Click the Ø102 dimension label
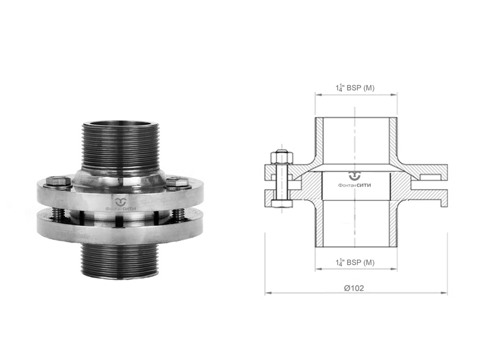pyautogui.click(x=354, y=288)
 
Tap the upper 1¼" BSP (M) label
pyautogui.click(x=355, y=88)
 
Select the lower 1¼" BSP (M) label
pyautogui.click(x=355, y=262)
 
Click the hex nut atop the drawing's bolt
pyautogui.click(x=281, y=157)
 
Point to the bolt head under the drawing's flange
pyautogui.click(x=281, y=204)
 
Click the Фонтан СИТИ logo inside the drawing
pyautogui.click(x=355, y=179)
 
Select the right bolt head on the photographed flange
pyautogui.click(x=176, y=183)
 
